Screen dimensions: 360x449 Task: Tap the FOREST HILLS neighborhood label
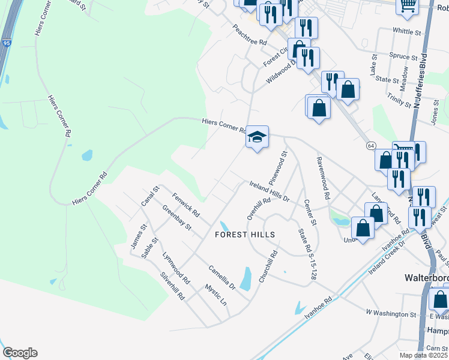245,235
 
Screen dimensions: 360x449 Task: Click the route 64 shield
372,146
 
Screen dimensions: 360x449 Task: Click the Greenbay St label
176,218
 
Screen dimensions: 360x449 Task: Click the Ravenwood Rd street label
324,178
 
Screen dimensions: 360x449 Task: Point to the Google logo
20,353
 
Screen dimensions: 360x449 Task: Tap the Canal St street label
150,197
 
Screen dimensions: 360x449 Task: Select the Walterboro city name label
424,279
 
